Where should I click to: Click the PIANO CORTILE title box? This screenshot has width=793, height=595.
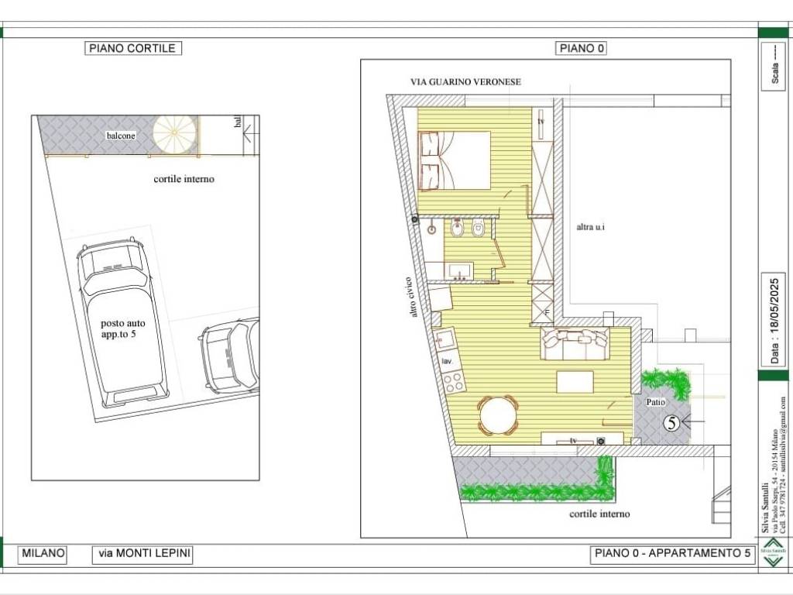(133, 48)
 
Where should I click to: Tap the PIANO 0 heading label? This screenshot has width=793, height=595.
(581, 48)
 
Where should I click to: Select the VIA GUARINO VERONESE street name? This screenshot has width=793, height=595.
(465, 81)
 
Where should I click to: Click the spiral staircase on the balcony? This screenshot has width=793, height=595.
(174, 135)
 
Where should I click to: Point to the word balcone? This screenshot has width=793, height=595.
(121, 136)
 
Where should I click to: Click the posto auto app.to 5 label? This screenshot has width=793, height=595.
(122, 328)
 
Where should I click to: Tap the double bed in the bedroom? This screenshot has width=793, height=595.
(455, 160)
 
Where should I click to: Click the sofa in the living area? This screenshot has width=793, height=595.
(575, 343)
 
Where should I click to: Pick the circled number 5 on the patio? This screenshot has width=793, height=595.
(672, 423)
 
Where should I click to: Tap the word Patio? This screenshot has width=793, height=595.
(656, 402)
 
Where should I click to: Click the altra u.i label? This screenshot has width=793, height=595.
(590, 227)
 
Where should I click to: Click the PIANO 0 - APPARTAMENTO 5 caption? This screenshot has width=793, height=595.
(672, 554)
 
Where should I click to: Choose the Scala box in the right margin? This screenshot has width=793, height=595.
(776, 65)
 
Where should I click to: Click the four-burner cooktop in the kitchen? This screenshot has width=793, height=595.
(453, 380)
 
